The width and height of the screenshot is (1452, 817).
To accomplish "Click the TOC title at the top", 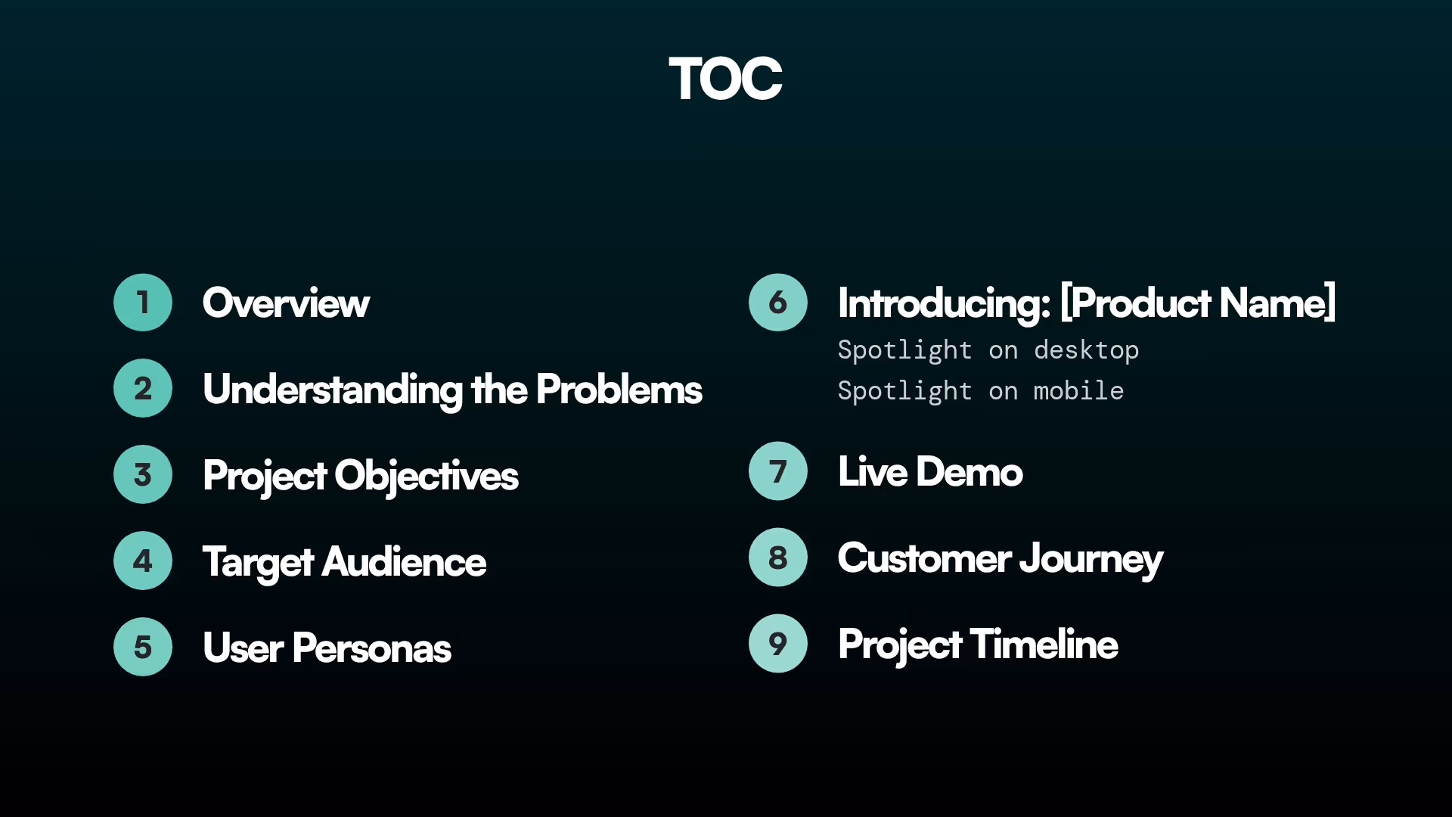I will pyautogui.click(x=725, y=79).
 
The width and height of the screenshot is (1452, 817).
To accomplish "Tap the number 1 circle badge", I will pyautogui.click(x=143, y=303).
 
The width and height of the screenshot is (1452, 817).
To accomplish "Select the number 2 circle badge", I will pyautogui.click(x=143, y=388).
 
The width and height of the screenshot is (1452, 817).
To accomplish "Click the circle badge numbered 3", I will pyautogui.click(x=143, y=474).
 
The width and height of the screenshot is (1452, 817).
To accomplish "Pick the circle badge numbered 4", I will pyautogui.click(x=143, y=561).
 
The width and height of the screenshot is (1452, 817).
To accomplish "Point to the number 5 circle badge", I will pyautogui.click(x=143, y=647).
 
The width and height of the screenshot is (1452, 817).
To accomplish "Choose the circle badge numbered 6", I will pyautogui.click(x=778, y=303).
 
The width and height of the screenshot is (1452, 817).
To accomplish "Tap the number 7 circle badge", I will pyautogui.click(x=778, y=471).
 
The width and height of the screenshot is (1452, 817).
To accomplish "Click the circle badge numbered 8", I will pyautogui.click(x=778, y=558).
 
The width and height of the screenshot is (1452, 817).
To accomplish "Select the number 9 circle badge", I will pyautogui.click(x=778, y=644).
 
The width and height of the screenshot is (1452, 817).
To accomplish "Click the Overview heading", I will pyautogui.click(x=286, y=303).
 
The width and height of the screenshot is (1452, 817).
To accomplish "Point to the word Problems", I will pyautogui.click(x=619, y=390).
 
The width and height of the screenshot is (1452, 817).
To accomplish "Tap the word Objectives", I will pyautogui.click(x=427, y=476).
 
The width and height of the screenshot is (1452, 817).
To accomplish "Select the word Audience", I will pyautogui.click(x=404, y=562).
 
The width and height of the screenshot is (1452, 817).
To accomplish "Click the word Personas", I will pyautogui.click(x=371, y=648).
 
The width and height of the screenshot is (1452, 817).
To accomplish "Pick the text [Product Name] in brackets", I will pyautogui.click(x=1198, y=303).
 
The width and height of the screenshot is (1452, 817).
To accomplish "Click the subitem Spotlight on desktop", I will pyautogui.click(x=988, y=350).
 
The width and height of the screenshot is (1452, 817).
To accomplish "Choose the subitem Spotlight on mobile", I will pyautogui.click(x=980, y=391).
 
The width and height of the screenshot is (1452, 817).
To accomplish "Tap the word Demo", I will pyautogui.click(x=969, y=472).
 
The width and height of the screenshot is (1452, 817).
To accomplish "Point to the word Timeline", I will pyautogui.click(x=1044, y=645).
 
